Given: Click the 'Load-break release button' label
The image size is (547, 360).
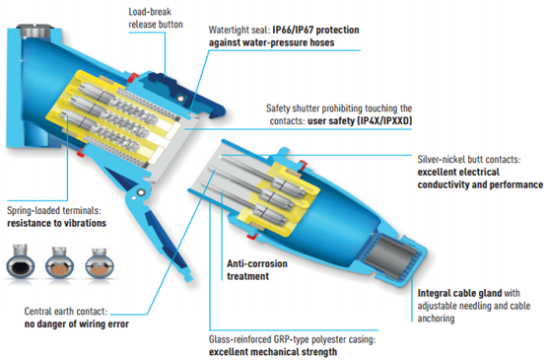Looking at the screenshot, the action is point(156,18).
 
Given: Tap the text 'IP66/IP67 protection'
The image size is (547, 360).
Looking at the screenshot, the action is point(315,30).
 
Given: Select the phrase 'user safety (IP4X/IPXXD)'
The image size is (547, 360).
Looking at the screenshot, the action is point(360,120).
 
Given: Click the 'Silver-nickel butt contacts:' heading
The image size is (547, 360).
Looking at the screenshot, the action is point(469,160).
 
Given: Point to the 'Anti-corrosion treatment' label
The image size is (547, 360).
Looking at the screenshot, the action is point(257,270).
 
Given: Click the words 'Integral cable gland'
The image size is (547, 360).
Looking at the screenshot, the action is point(459,293).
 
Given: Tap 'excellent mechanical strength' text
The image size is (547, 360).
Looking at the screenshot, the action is point(273,352).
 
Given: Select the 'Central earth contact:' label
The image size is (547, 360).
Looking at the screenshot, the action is point(66,311).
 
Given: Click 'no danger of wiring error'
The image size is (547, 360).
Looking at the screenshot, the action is point(77,324).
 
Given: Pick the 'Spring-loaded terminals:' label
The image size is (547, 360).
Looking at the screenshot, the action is point(54,210).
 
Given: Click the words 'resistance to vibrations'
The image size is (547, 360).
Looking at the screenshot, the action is point(56,223).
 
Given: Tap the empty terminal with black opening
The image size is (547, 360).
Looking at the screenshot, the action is point(21,262).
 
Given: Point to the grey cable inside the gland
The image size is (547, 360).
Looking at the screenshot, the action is point(389,252).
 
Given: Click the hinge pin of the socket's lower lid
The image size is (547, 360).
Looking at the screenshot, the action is point(141,192).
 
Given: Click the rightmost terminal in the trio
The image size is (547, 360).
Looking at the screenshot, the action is point(100,263).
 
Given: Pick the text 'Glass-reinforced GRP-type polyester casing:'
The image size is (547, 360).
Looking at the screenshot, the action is point(293,339).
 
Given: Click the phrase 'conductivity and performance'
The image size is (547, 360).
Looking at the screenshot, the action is point(480,184).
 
